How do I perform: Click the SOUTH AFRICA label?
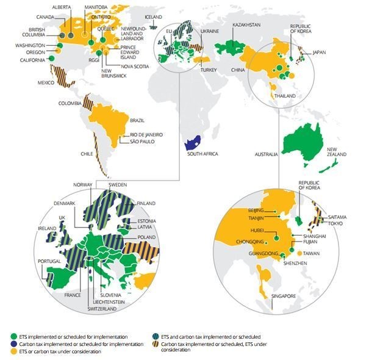click(x=203, y=154)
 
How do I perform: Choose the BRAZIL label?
click(x=137, y=121)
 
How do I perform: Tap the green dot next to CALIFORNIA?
click(x=51, y=58)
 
